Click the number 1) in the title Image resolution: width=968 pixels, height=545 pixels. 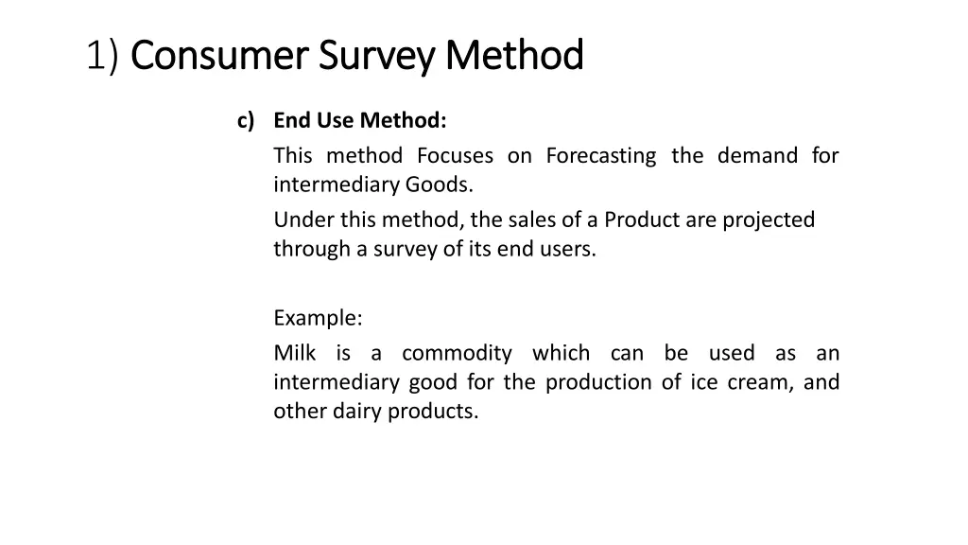click(x=102, y=56)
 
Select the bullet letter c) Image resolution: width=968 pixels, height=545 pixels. click(x=246, y=121)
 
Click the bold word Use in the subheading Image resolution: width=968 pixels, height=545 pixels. click(x=333, y=121)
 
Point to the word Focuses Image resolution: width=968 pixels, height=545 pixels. click(x=456, y=155)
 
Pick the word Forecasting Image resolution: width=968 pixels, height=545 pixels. click(x=600, y=155)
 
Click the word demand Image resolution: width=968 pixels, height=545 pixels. click(x=757, y=155)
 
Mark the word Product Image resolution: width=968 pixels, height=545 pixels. click(x=642, y=220)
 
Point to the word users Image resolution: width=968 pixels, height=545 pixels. click(x=570, y=250)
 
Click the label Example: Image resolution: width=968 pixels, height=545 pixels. click(x=318, y=317)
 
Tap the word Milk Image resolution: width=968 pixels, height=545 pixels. click(x=295, y=354)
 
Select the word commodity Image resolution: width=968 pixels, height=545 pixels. click(x=457, y=354)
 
